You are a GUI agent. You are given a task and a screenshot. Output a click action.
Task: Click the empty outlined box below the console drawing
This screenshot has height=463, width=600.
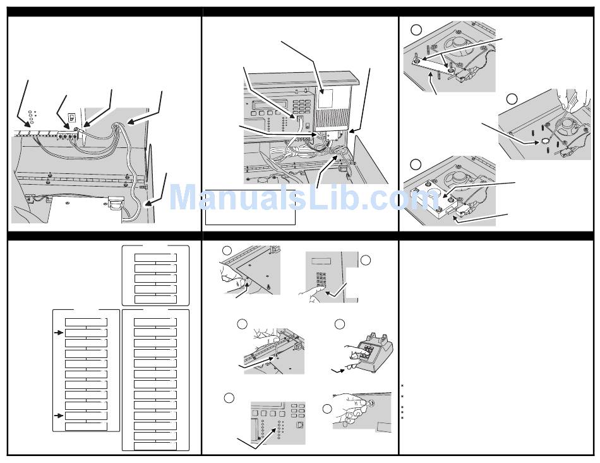pyautogui.click(x=250, y=215)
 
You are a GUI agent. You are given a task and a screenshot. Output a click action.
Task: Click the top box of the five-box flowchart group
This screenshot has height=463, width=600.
pyautogui.click(x=155, y=257)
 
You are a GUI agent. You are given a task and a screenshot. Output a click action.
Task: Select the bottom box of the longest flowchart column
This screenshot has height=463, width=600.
pyautogui.click(x=155, y=446)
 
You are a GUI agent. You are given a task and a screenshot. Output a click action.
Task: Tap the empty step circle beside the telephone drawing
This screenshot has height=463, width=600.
pyautogui.click(x=340, y=324)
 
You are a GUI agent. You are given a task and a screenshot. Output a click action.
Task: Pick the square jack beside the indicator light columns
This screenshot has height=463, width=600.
pyautogui.click(x=301, y=426)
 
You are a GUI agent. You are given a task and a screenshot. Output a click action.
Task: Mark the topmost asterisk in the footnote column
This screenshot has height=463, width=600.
pyautogui.click(x=402, y=386)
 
